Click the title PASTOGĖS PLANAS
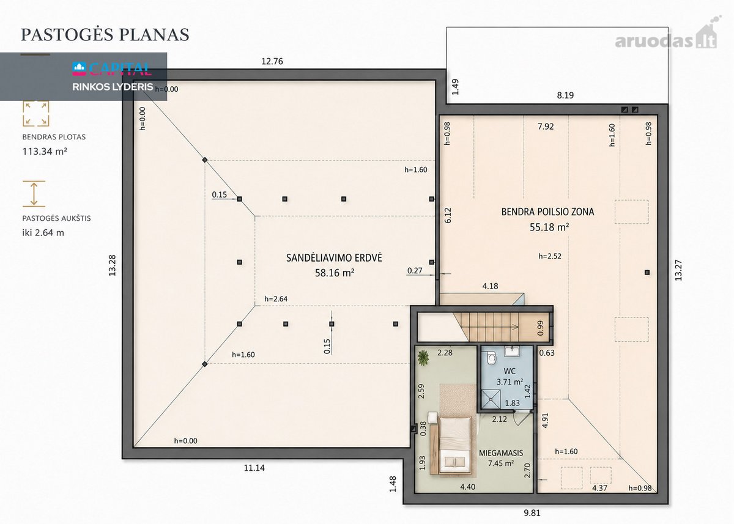[105, 35]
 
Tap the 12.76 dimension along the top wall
[272, 61]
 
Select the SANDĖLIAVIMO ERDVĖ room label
[334, 258]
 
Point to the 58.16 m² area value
[335, 273]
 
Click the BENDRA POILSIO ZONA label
[547, 212]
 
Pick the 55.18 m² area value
[549, 227]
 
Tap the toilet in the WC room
[492, 358]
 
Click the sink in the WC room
[511, 351]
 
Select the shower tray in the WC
[491, 399]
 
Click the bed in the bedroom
[454, 445]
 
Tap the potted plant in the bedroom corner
[423, 357]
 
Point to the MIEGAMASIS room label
[501, 453]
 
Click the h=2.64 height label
[276, 298]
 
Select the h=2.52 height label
[550, 256]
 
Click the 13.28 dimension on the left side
[113, 265]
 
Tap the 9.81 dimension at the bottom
[532, 512]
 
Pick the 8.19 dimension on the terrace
[565, 95]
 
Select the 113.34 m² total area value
[45, 151]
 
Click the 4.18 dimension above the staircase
[490, 286]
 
